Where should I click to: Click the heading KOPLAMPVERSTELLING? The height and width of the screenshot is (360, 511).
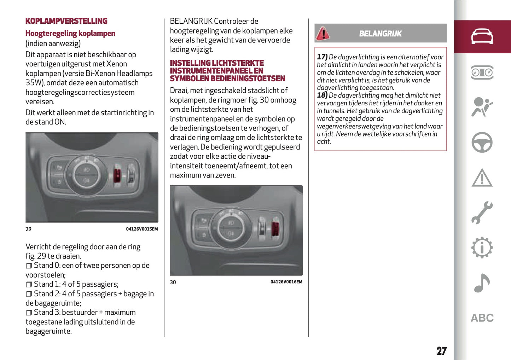coord(66,21)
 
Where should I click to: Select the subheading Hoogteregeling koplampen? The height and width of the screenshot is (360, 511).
coord(70,33)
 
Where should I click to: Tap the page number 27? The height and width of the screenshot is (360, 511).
coord(441,350)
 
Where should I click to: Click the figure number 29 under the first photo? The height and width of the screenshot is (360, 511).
coord(28,229)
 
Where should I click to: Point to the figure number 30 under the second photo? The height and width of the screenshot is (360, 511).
coord(173,282)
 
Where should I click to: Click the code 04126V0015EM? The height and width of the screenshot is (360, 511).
coord(142,229)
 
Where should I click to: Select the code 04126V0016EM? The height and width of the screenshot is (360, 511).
coord(286,282)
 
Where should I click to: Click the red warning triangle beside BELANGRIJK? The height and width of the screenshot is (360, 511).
coord(323,34)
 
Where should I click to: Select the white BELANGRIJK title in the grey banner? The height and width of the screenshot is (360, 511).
coord(380,34)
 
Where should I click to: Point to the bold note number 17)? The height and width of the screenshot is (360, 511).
coord(322,57)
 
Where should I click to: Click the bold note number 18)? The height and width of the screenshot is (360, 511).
coord(322,95)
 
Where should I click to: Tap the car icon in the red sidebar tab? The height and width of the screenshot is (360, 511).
coord(482,36)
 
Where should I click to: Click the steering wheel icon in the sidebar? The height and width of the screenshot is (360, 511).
coord(482,142)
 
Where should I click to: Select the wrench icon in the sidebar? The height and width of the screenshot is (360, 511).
coord(482,213)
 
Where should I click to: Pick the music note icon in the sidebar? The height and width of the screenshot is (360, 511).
coord(482,283)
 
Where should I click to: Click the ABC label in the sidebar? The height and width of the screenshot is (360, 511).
coord(482,318)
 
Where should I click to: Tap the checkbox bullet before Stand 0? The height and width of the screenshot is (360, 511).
coord(29,266)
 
